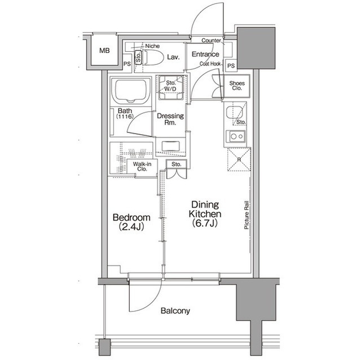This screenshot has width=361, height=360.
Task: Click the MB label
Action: coord(104,50)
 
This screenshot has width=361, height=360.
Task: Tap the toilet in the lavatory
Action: coord(153,57)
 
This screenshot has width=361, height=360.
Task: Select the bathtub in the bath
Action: coord(131,91)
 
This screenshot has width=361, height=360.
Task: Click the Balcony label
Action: coord(175,311)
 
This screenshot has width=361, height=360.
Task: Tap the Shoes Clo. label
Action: coord(237,86)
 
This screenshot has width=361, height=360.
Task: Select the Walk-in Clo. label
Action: coord(142,167)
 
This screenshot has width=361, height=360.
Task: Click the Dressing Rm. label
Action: coord(170,119)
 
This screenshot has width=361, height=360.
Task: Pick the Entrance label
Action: coord(205,54)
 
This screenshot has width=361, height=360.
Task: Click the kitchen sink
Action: coord(234,112)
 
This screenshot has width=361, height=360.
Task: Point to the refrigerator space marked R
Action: coord(239,159)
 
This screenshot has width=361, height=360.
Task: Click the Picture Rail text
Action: coord(246,215)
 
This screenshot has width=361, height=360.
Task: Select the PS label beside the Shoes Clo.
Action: coord(231,66)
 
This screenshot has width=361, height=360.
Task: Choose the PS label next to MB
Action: coord(127,64)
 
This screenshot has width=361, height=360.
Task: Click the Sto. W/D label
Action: coord(170,86)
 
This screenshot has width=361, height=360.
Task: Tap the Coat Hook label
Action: coord(210,64)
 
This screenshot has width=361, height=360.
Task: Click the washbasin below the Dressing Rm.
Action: coord(170,146)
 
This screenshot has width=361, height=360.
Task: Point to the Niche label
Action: coord(152,46)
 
